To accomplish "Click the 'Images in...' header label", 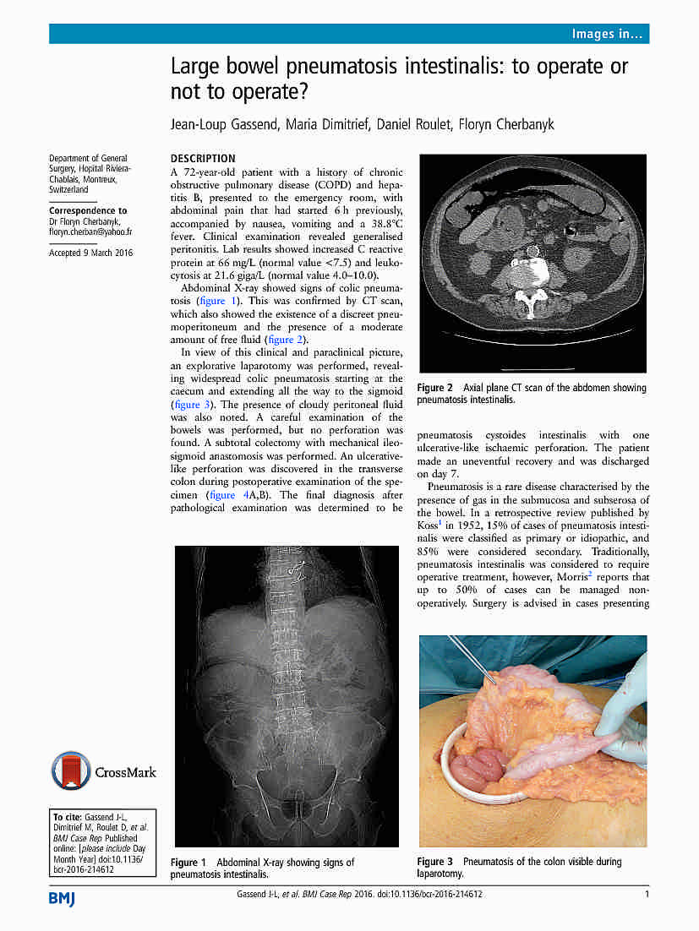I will (608, 34).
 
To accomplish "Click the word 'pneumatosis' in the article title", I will (338, 66).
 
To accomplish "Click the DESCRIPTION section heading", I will (203, 158).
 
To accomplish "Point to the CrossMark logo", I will (104, 770).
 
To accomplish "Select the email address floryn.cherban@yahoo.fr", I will (90, 231).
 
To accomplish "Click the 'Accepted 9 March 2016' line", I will (91, 253).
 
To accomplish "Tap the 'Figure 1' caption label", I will (188, 863).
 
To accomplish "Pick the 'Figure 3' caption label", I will (435, 862).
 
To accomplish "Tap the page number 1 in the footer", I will (647, 895).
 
